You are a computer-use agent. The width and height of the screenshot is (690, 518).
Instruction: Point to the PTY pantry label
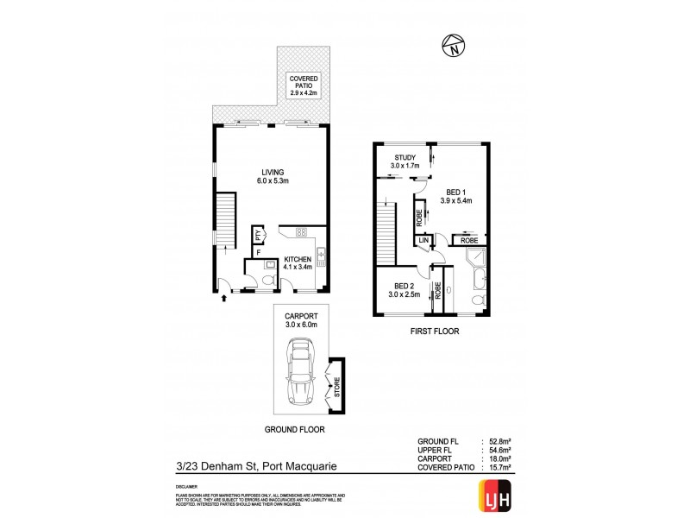point(257,235)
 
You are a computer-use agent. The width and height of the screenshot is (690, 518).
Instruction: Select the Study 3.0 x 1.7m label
point(405,161)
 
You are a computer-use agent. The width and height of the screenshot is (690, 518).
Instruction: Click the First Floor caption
point(435,331)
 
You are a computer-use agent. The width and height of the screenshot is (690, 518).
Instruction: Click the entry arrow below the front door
point(226,298)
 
